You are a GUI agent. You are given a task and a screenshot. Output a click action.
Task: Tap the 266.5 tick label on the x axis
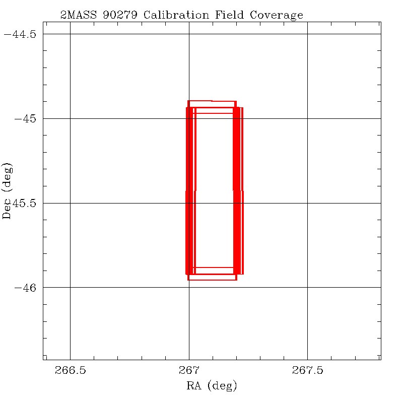point(70,371)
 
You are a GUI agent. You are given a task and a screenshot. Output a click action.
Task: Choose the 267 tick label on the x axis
point(189,371)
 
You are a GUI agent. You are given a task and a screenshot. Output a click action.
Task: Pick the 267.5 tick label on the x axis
point(307,371)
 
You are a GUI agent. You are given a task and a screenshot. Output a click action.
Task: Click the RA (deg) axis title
point(212,386)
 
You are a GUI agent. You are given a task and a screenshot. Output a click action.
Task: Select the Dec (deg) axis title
point(7,190)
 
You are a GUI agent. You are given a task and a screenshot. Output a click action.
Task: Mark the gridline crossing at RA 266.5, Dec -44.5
point(70,34)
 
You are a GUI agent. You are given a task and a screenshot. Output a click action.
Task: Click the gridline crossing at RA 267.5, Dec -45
point(307,118)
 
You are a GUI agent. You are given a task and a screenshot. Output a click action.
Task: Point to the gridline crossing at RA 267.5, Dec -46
point(307,287)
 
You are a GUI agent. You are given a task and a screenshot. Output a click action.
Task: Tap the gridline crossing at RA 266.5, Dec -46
point(70,287)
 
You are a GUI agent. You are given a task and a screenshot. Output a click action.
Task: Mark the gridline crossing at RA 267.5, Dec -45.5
point(307,203)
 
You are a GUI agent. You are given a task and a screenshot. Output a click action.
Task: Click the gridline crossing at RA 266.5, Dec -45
point(70,118)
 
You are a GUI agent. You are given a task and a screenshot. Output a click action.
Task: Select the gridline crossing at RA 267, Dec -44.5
point(189,34)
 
